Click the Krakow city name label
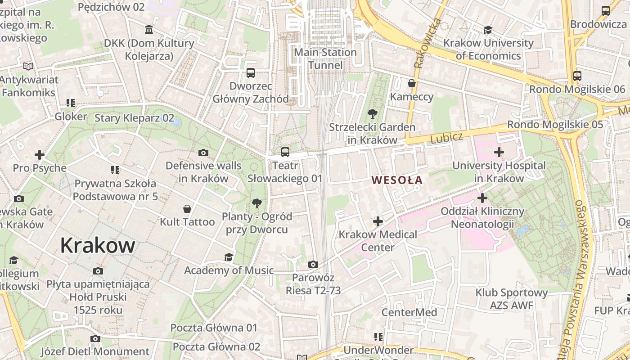pyautogui.click(x=98, y=245)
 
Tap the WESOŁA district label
pyautogui.click(x=397, y=180)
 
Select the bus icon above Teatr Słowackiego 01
pyautogui.click(x=285, y=152)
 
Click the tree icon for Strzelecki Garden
pyautogui.click(x=372, y=113)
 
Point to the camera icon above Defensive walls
pyautogui.click(x=203, y=153)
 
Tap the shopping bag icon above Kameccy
pyautogui.click(x=411, y=83)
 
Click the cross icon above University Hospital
pyautogui.click(x=499, y=152)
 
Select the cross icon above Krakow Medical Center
pyautogui.click(x=378, y=221)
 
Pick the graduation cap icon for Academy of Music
pyautogui.click(x=229, y=257)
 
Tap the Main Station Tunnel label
pyautogui.click(x=325, y=58)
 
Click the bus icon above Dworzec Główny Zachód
pyautogui.click(x=251, y=72)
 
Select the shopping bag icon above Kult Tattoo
pyautogui.click(x=187, y=209)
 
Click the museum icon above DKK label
pyautogui.click(x=149, y=30)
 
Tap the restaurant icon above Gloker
pyautogui.click(x=70, y=103)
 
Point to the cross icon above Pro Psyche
pyautogui.click(x=40, y=155)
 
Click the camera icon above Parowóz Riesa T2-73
pyautogui.click(x=313, y=264)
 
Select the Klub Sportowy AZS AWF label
pyautogui.click(x=512, y=299)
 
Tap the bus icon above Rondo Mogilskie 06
pyautogui.click(x=577, y=76)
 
